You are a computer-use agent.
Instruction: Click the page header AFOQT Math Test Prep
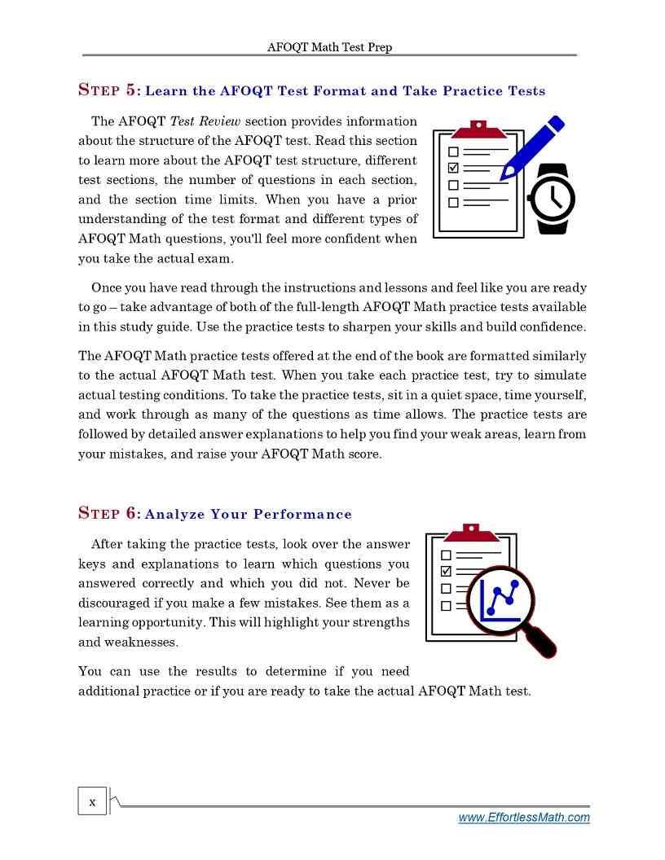pyautogui.click(x=329, y=47)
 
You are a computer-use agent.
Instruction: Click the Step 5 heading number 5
pyautogui.click(x=132, y=90)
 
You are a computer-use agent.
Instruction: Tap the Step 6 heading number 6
pyautogui.click(x=132, y=514)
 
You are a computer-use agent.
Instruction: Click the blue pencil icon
pyautogui.click(x=531, y=148)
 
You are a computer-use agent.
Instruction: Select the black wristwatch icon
pyautogui.click(x=553, y=199)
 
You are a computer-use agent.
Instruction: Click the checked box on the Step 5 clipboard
pyautogui.click(x=454, y=169)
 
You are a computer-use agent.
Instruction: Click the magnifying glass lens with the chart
pyautogui.click(x=500, y=600)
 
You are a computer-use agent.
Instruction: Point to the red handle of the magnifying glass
pyautogui.click(x=543, y=643)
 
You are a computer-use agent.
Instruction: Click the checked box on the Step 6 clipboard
pyautogui.click(x=446, y=572)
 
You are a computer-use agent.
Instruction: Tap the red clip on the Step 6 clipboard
pyautogui.click(x=471, y=533)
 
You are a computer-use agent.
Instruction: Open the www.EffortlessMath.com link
pyautogui.click(x=524, y=818)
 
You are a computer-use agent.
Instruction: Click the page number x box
pyautogui.click(x=92, y=802)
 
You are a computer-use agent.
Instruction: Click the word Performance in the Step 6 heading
pyautogui.click(x=302, y=514)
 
